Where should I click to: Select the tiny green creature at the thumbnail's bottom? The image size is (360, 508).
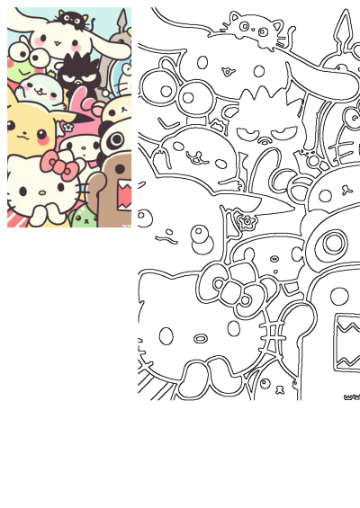point(84,216)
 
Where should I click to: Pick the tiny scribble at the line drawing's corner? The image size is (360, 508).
point(350,395)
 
